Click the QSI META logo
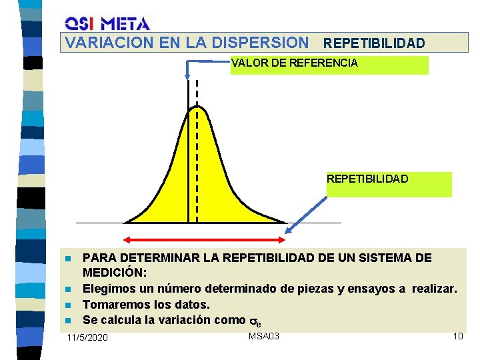[107, 23]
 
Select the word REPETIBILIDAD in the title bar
[373, 43]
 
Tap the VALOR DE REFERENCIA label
[294, 63]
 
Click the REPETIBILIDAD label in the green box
[367, 179]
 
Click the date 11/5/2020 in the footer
[87, 338]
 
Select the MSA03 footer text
[264, 335]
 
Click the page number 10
[457, 335]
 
